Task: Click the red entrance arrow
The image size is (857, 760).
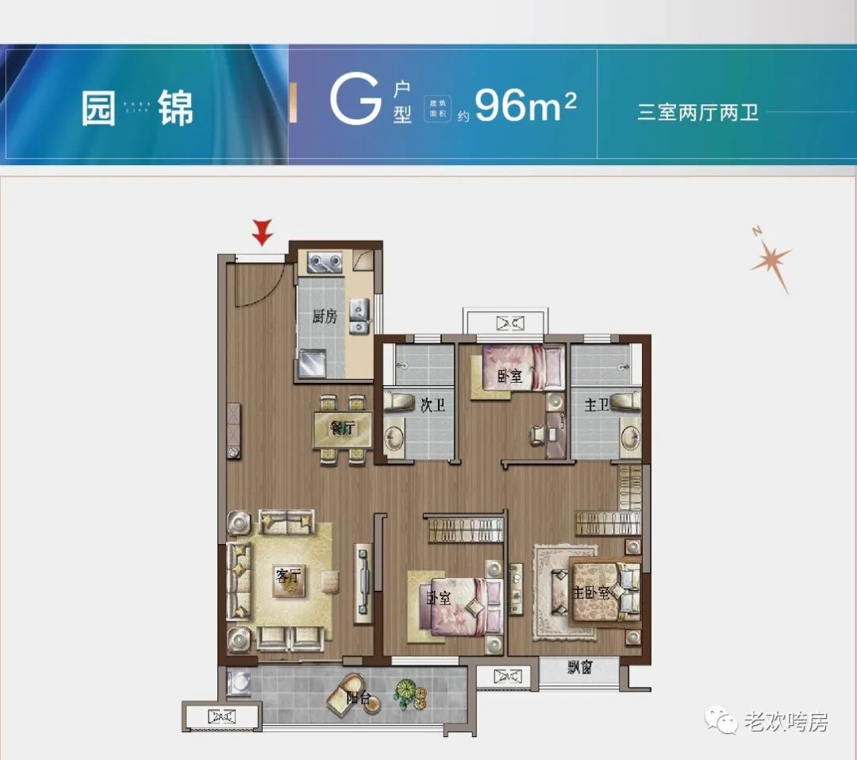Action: coord(263,232)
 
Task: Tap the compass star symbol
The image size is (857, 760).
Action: coord(771,260)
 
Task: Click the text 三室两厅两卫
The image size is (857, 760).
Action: coord(698,112)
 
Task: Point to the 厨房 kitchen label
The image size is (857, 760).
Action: coord(325,317)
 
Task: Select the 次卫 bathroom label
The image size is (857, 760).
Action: coord(432,406)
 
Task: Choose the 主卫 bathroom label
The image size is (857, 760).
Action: coord(597,406)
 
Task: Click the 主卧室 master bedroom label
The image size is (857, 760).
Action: coord(591,592)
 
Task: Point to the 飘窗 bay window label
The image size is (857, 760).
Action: coord(580,668)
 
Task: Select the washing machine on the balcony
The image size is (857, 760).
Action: coord(239,682)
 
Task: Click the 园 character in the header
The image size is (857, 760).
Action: coord(98,109)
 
